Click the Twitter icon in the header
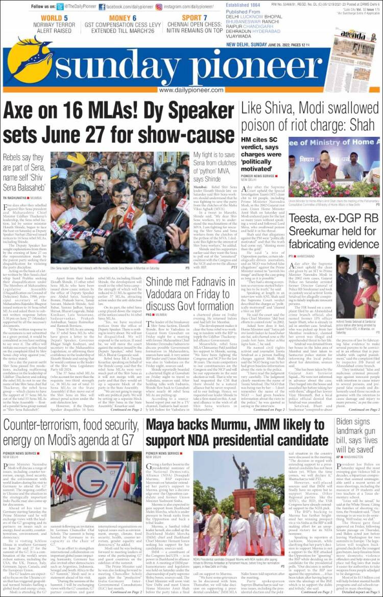click(60, 7)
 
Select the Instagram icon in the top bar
click(159, 7)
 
